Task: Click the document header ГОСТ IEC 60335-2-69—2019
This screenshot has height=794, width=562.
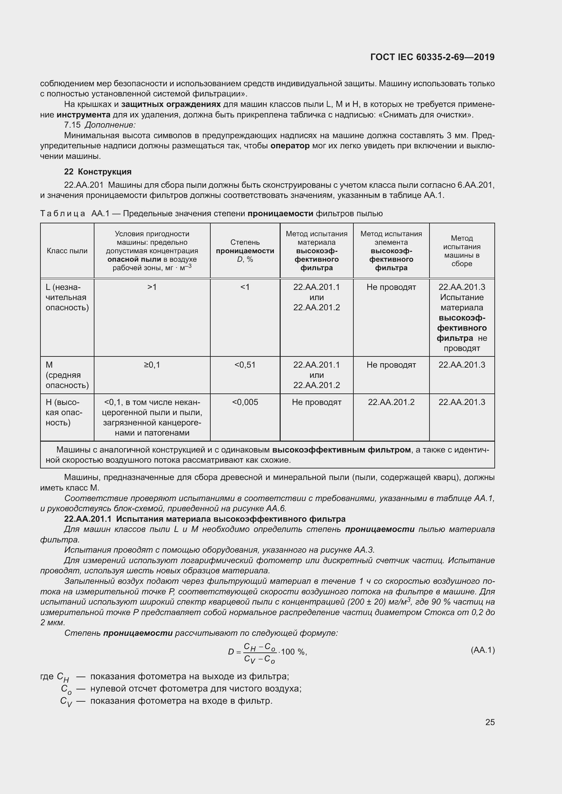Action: (432, 57)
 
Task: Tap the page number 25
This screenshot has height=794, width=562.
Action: (490, 722)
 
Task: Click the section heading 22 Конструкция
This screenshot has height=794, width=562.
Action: (98, 171)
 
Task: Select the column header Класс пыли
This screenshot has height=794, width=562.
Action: (67, 251)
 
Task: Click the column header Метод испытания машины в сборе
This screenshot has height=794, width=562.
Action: (462, 251)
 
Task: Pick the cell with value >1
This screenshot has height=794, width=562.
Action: (152, 287)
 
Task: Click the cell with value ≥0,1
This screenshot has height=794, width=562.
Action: (152, 365)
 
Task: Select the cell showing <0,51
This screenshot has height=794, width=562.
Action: (245, 365)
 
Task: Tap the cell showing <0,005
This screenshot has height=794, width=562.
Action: (245, 402)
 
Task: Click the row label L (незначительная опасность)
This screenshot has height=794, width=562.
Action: (67, 297)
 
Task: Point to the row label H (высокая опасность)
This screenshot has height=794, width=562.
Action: (64, 412)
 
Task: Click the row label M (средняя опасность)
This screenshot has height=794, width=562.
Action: (67, 375)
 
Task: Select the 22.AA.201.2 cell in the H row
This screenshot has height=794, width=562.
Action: (391, 402)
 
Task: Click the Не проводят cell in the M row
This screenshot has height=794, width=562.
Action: (391, 365)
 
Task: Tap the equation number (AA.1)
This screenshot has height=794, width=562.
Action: (483, 650)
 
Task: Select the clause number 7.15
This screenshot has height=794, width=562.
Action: (72, 125)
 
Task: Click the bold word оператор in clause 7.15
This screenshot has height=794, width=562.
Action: (290, 146)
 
